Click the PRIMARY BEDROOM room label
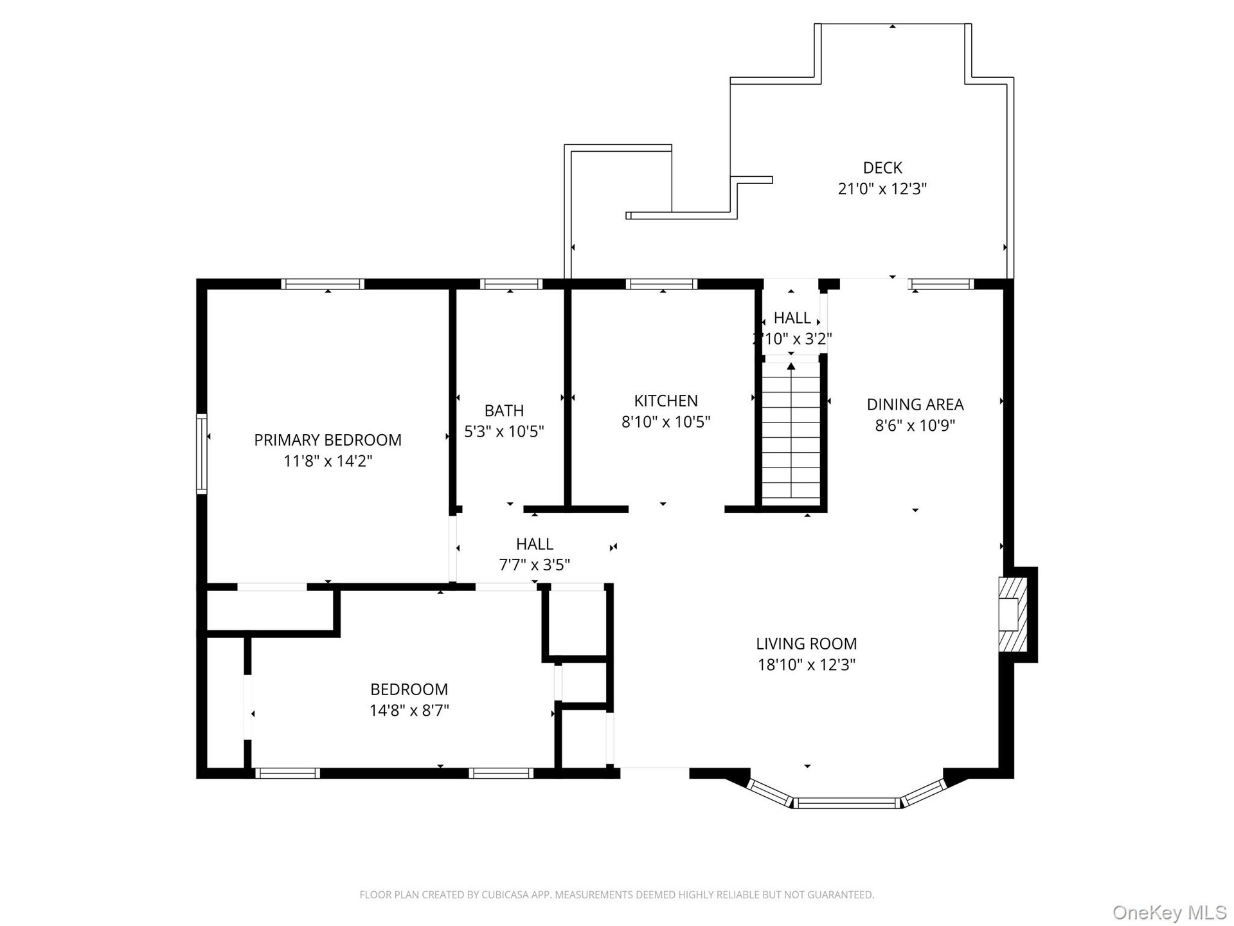point(328,440)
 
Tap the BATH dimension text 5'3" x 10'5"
point(505,431)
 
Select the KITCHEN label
point(666,401)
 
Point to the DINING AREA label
point(915,404)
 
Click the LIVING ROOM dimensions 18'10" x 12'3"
point(807,664)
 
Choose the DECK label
point(882,168)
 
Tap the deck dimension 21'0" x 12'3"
point(882,189)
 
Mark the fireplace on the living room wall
point(1012,614)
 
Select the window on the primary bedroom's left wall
point(202,453)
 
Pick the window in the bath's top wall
point(511,284)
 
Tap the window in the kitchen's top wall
point(661,284)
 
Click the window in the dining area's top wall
point(942,284)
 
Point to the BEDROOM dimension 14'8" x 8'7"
point(409,711)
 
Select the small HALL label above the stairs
point(792,318)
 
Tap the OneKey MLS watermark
point(1170,912)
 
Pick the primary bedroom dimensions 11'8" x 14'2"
point(328,461)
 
